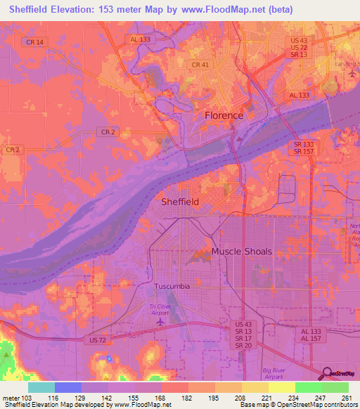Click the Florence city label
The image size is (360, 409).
click(x=224, y=115)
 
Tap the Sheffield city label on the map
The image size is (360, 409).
click(x=180, y=202)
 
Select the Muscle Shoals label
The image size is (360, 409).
click(x=241, y=252)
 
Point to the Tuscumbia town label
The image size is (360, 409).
click(x=173, y=286)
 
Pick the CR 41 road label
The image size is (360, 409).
click(x=201, y=65)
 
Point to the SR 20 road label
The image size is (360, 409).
click(x=243, y=346)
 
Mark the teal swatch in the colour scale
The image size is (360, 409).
click(x=41, y=387)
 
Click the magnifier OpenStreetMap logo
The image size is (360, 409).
click(x=328, y=373)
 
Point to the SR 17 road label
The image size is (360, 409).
click(x=243, y=338)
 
